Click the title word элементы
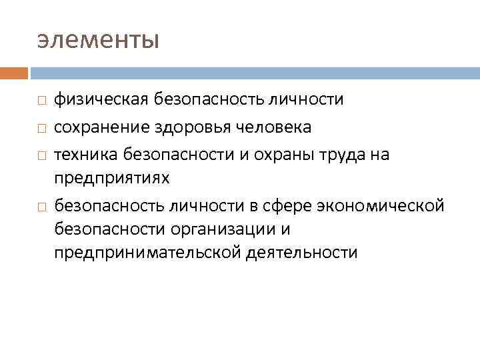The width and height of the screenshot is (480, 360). (98, 40)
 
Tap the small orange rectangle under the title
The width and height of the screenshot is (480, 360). (14, 73)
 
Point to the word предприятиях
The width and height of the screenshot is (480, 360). (112, 179)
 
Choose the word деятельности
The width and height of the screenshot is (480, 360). (301, 253)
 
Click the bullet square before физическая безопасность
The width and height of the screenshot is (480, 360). (41, 101)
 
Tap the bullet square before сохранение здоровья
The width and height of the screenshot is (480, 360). (41, 127)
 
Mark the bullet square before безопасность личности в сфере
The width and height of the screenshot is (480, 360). (41, 205)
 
